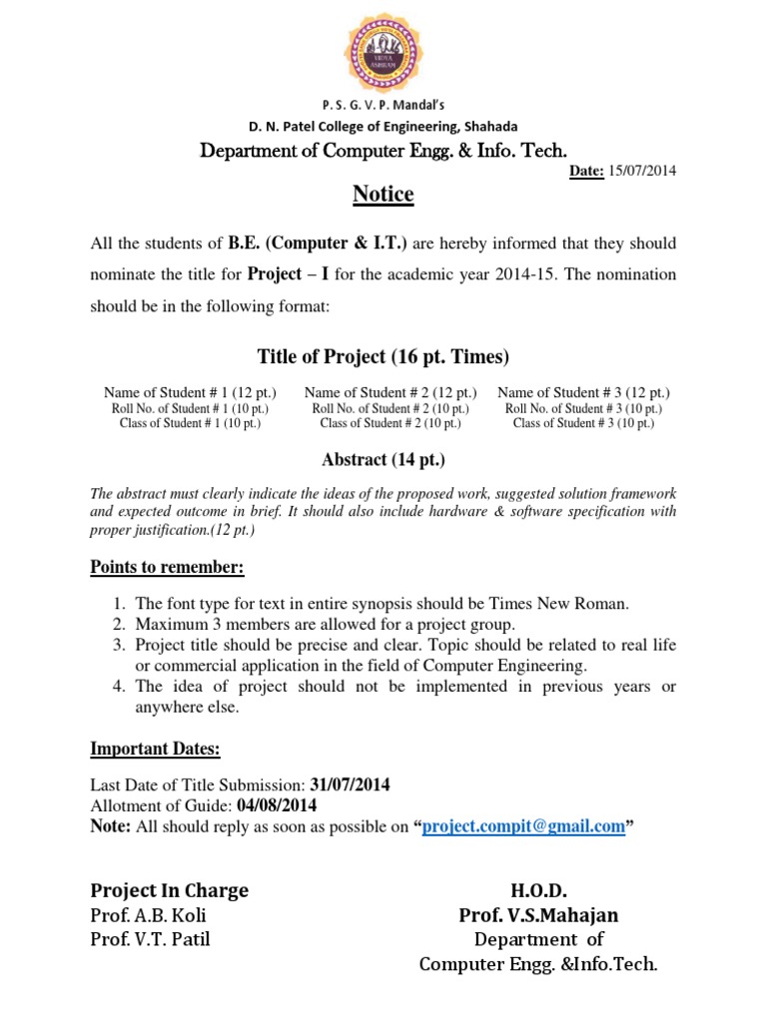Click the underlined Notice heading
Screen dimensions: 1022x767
point(383,195)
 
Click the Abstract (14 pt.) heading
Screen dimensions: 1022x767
point(383,460)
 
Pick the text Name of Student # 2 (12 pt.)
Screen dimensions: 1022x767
point(390,393)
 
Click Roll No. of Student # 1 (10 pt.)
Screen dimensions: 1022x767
point(190,408)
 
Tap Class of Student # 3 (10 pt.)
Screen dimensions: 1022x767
point(583,423)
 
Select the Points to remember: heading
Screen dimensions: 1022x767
point(167,568)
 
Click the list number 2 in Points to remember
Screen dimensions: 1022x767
point(118,625)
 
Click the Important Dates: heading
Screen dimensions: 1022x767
point(155,749)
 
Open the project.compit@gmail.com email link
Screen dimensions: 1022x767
point(523,826)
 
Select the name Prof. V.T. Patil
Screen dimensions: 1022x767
point(151,939)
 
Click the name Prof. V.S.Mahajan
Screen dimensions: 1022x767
point(538,915)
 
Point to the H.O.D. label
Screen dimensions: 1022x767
point(539,890)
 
